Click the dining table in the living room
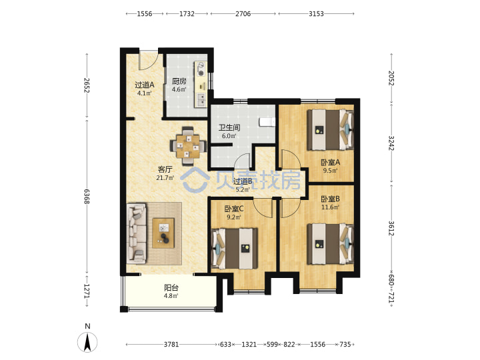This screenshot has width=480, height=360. pyautogui.click(x=188, y=146)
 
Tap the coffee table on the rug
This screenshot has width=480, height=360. pyautogui.click(x=163, y=233)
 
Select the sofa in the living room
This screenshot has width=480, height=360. pyautogui.click(x=137, y=234)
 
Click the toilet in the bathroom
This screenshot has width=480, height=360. pyautogui.click(x=267, y=122)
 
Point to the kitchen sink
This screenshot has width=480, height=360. pyautogui.click(x=201, y=100)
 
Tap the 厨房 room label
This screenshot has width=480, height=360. pyautogui.click(x=179, y=81)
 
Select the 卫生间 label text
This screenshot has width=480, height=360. pyautogui.click(x=229, y=127)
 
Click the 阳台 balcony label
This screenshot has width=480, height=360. pyautogui.click(x=171, y=288)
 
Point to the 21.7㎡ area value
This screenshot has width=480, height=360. pyautogui.click(x=165, y=177)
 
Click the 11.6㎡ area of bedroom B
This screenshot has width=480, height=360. pyautogui.click(x=330, y=207)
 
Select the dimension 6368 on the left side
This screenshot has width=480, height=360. pyautogui.click(x=87, y=197)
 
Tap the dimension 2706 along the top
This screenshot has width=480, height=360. pyautogui.click(x=243, y=14)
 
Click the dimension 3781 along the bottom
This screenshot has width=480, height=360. pyautogui.click(x=171, y=345)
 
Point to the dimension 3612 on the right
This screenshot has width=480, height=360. pyautogui.click(x=391, y=229)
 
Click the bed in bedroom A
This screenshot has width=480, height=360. pyautogui.click(x=330, y=130)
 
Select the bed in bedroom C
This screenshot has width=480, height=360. pyautogui.click(x=234, y=249)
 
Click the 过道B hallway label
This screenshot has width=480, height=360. pyautogui.click(x=243, y=181)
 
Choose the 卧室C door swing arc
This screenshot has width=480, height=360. pyautogui.click(x=263, y=208)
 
